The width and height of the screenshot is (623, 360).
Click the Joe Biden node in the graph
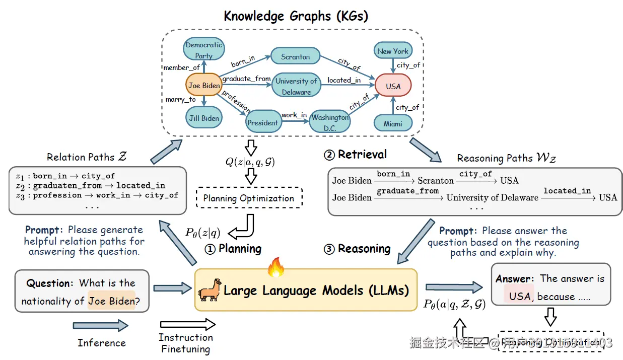coord(204,86)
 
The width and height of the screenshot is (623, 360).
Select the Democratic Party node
coord(203,50)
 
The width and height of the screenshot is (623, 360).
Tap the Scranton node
coord(296,57)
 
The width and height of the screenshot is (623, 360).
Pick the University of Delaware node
coord(296,86)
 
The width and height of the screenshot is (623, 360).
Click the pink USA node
coord(393,86)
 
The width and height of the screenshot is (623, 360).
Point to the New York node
coord(393,51)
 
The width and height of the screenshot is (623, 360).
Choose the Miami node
coord(393,123)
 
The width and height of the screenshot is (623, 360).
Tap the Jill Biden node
coord(204,118)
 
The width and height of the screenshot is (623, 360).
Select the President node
coord(262,122)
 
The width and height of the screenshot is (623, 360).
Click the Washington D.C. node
coord(330,122)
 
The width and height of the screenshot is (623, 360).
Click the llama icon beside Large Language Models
coord(210,290)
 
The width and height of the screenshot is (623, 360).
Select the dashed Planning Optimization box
coord(249,198)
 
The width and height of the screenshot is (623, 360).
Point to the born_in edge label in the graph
coord(243,62)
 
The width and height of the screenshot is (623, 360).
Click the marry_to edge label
coord(180,100)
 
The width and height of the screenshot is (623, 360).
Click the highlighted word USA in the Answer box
coord(520,297)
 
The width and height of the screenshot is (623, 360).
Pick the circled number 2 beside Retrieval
coord(329,155)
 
